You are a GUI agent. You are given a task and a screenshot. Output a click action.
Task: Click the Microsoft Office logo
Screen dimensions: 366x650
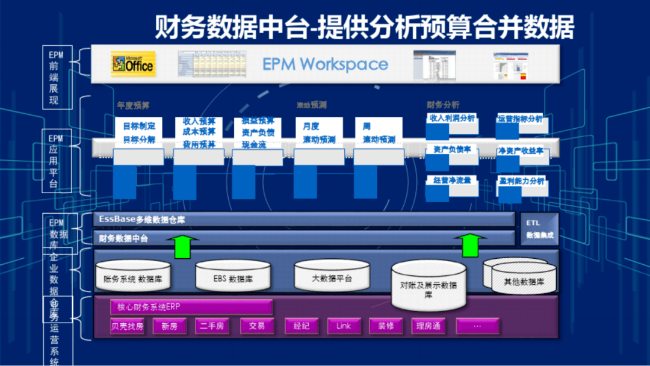tap(132, 63)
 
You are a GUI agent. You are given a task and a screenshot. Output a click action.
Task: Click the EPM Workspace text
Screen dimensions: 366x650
tap(324, 64)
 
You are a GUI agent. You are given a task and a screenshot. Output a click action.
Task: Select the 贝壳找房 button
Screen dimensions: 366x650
tap(127, 326)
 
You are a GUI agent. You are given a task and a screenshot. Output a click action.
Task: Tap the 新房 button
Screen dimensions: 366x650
tap(170, 326)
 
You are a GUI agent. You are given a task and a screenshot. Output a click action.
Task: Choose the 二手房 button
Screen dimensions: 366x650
tap(212, 326)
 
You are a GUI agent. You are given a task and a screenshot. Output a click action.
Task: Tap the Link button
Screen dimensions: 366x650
tap(344, 326)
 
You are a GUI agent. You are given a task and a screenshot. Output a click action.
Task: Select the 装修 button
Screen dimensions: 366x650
tap(386, 326)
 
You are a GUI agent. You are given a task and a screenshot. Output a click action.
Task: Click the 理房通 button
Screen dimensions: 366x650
tap(428, 326)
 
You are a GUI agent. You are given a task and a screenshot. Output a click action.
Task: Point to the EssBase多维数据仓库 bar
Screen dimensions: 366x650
tap(304, 219)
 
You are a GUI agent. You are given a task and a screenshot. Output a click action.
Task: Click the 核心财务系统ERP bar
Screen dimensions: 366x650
tap(191, 307)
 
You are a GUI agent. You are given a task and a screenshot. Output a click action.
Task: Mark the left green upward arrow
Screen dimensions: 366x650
tap(185, 246)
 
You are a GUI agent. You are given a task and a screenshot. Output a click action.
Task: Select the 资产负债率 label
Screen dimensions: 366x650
tap(452, 149)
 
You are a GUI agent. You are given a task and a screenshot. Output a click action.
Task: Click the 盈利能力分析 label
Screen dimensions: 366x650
tap(522, 181)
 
